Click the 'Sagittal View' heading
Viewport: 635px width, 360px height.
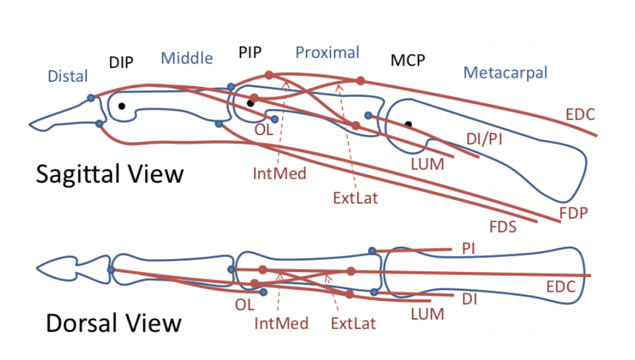tap(110, 174)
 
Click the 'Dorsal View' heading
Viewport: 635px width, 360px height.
tap(113, 323)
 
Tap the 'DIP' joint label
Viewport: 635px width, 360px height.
tap(121, 62)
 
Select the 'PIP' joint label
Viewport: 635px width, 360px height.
tap(250, 53)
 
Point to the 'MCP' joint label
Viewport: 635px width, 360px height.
tap(408, 60)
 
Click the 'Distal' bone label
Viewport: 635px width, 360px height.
tap(67, 76)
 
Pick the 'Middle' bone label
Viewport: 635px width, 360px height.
tap(186, 59)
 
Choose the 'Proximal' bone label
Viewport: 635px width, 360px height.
tap(327, 52)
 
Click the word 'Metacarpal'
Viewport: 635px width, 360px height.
tap(505, 73)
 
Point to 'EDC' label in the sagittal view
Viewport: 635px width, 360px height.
tap(580, 115)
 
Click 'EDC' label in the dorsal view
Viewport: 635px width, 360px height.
tap(560, 287)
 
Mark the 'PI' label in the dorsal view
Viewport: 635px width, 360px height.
tap(468, 248)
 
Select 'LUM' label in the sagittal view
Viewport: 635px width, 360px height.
tap(427, 165)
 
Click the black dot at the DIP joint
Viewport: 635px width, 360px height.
tap(121, 106)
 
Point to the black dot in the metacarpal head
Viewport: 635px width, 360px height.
tap(408, 123)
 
